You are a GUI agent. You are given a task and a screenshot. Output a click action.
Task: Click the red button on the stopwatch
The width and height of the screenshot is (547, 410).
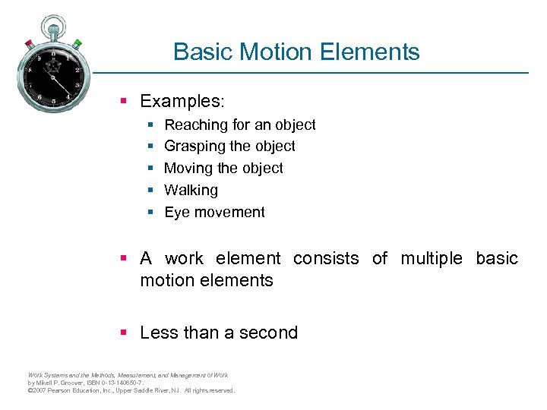[28, 42]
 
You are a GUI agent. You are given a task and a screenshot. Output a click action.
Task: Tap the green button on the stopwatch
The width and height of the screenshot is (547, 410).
[77, 42]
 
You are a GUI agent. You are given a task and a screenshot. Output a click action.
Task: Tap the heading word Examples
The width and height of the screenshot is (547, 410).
[181, 101]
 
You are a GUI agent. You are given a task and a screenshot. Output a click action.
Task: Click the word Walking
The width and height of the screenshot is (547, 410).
[191, 190]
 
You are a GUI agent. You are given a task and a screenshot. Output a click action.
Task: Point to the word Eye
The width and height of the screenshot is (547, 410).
[176, 212]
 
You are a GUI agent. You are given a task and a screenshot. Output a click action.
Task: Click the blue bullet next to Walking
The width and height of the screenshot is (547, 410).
[150, 191]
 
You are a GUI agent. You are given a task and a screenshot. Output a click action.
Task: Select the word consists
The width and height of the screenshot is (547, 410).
[326, 258]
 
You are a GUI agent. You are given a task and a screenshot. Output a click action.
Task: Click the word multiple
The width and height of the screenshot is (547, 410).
[431, 258]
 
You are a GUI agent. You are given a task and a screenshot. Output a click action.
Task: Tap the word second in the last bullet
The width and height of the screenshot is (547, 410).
[268, 333]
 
